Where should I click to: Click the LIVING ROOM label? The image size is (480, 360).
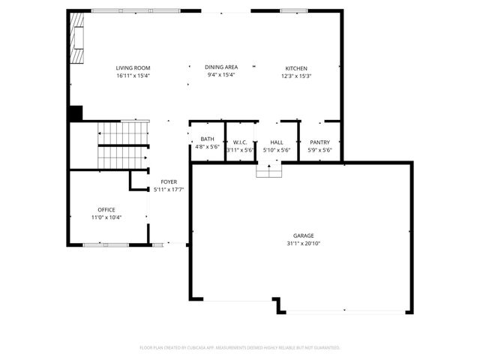pyautogui.click(x=133, y=68)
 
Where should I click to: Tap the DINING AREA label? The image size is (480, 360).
pyautogui.click(x=222, y=68)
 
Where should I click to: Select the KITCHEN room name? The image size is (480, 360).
pyautogui.click(x=295, y=68)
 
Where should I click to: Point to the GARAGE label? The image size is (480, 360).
pyautogui.click(x=304, y=235)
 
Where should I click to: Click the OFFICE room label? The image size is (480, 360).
pyautogui.click(x=106, y=209)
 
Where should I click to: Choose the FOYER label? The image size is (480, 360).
pyautogui.click(x=169, y=182)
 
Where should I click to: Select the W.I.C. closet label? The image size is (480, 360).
pyautogui.click(x=240, y=142)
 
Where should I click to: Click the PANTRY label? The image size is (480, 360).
pyautogui.click(x=319, y=142)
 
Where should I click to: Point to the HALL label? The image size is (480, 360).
pyautogui.click(x=276, y=142)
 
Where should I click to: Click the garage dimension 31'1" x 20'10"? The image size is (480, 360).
pyautogui.click(x=304, y=243)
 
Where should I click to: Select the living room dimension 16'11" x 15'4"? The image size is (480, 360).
pyautogui.click(x=133, y=76)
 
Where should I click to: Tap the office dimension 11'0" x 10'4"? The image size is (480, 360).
pyautogui.click(x=106, y=217)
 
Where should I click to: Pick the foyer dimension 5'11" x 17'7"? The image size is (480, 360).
pyautogui.click(x=169, y=190)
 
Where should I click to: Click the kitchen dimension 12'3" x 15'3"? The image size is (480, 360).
pyautogui.click(x=295, y=76)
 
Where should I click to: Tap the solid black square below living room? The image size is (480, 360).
pyautogui.click(x=75, y=113)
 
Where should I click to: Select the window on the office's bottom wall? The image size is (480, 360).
pyautogui.click(x=106, y=244)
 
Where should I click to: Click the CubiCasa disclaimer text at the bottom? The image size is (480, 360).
pyautogui.click(x=240, y=347)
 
